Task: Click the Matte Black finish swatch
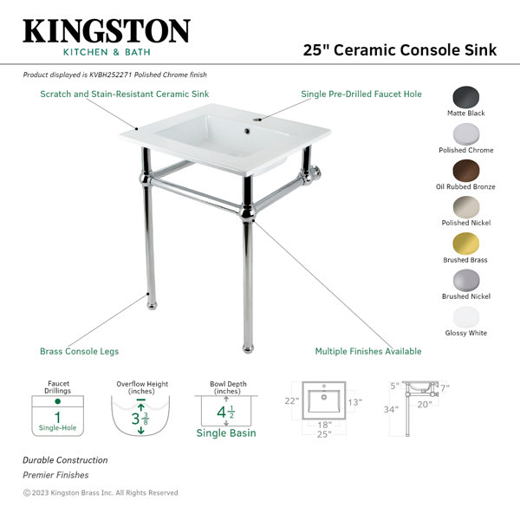pos(466,97)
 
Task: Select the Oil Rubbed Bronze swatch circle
pos(466,171)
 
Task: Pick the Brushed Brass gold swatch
pos(466,244)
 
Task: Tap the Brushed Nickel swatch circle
pos(466,280)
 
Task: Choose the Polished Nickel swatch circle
pos(466,207)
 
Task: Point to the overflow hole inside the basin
pos(247,132)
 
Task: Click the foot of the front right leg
pos(248,348)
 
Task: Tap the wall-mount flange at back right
pos(315,174)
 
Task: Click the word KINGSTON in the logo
pos(107,31)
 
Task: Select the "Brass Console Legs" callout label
pos(79,351)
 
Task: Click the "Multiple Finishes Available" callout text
pos(368,351)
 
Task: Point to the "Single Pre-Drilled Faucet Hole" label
pos(361,94)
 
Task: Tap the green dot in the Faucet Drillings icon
pos(58,401)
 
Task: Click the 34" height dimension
pos(391,410)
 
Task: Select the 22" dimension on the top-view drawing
pos(292,401)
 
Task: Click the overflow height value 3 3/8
pos(140,419)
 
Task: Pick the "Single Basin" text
pos(226,432)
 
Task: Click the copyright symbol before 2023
pos(27,493)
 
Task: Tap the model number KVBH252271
pos(111,75)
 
